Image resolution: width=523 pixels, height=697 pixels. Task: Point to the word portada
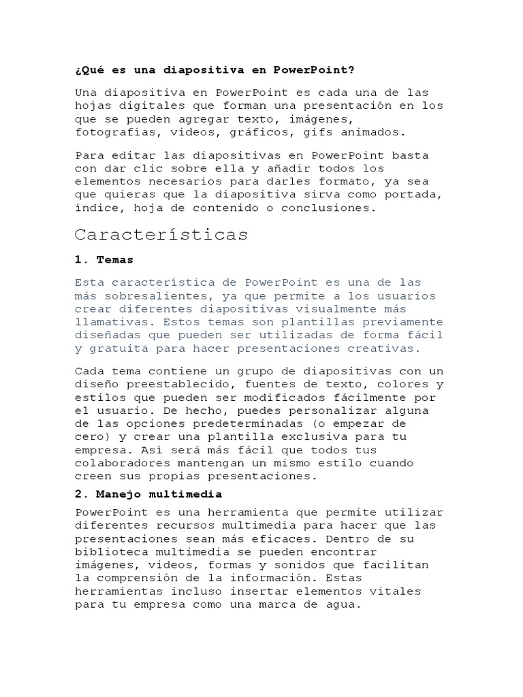click(416, 195)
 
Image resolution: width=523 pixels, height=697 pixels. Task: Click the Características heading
click(161, 235)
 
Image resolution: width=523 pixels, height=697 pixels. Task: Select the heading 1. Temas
click(104, 259)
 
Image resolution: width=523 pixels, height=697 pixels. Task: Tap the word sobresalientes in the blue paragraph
click(154, 296)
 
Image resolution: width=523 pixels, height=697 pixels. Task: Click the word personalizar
click(278, 411)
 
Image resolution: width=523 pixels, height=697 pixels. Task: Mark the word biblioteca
click(111, 552)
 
